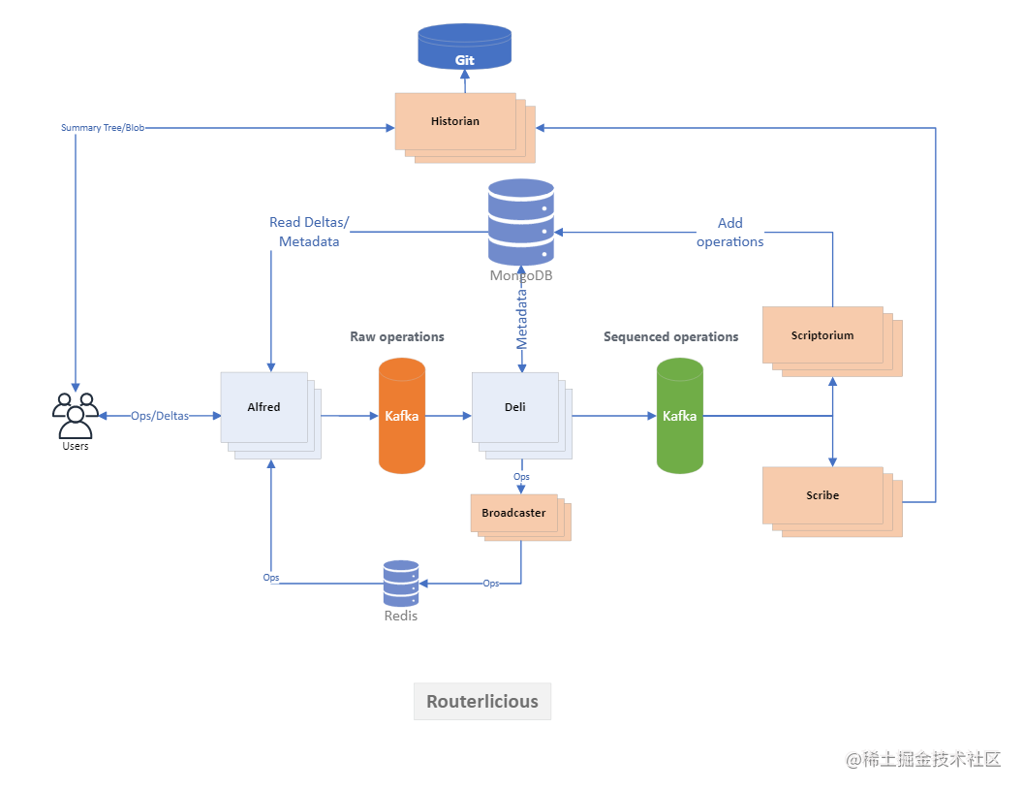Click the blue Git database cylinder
pos(465,47)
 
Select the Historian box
pos(465,128)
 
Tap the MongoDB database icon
pos(521,222)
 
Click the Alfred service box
pos(270,416)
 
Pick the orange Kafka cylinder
pos(402,416)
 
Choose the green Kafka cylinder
pos(680,416)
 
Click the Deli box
pos(522,416)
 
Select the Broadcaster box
pos(520,518)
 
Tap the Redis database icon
pos(401,583)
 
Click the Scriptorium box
pos(832,342)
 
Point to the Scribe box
pos(832,502)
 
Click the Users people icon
pos(75,416)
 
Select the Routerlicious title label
pos(482,702)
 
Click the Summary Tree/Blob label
pos(103,128)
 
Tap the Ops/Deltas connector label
pos(160,416)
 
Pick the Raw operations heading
pos(397,336)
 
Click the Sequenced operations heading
pos(670,336)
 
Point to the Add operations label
pos(730,233)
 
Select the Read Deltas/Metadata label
pos(309,232)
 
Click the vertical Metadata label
pos(522,319)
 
